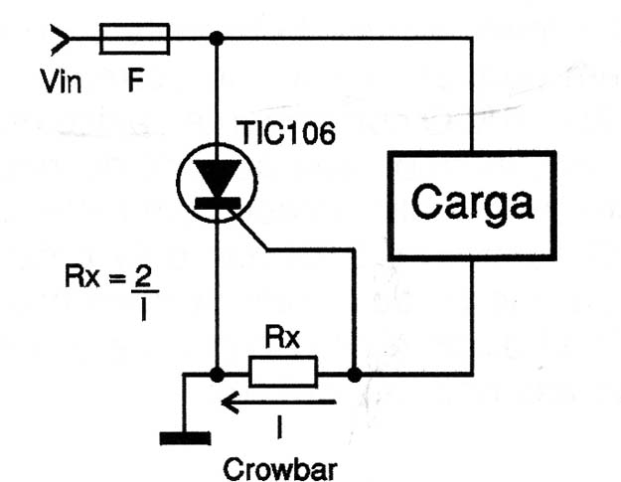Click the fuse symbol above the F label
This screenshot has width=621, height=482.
tap(135, 39)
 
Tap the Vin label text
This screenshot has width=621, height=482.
tap(61, 81)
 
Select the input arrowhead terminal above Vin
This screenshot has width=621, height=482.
tap(60, 39)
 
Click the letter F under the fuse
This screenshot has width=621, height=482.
tap(136, 80)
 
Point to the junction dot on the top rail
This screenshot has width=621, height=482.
tap(217, 39)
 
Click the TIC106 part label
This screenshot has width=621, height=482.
tap(285, 133)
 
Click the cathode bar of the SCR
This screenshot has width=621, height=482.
tap(218, 203)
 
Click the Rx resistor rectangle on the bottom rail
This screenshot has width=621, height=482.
tap(283, 372)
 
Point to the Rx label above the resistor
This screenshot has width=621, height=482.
tap(282, 338)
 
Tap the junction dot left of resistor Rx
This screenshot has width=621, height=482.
tap(217, 375)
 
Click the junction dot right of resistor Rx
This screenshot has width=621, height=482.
tap(354, 375)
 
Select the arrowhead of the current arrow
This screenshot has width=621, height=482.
tap(230, 402)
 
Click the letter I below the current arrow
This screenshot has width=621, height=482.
tap(279, 427)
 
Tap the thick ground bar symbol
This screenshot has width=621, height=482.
tap(185, 438)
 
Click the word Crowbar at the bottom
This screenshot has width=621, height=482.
tap(280, 470)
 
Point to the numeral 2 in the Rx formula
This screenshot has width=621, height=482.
tap(142, 275)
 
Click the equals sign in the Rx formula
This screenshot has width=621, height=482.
tap(117, 279)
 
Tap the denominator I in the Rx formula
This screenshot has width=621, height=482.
tap(143, 309)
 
